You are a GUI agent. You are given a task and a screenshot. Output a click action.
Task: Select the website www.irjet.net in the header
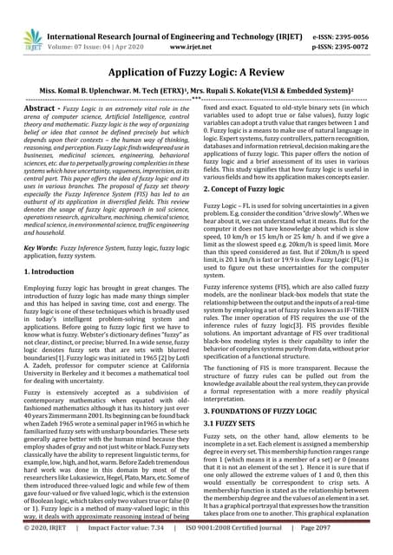tap(199, 27)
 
